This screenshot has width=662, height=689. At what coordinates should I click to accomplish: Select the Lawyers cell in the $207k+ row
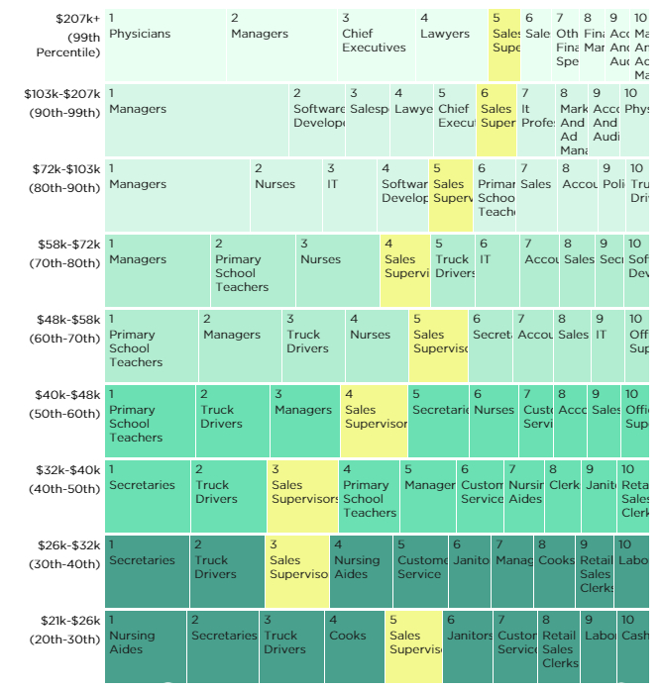[452, 46]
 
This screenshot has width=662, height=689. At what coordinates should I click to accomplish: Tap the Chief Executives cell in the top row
[376, 46]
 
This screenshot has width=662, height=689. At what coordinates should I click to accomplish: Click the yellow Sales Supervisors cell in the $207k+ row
[504, 46]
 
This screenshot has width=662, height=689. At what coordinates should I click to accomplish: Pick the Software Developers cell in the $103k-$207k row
[317, 120]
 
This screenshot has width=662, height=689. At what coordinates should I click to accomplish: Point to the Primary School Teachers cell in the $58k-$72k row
[253, 270]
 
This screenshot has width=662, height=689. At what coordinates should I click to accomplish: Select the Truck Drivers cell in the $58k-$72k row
[453, 270]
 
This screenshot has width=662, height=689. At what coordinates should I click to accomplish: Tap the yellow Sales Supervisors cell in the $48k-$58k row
[438, 345]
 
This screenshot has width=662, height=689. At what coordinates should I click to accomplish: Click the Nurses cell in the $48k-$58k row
[376, 345]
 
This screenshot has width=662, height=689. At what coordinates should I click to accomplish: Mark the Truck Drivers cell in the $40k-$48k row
[233, 421]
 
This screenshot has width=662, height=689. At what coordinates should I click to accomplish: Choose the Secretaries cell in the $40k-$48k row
[438, 421]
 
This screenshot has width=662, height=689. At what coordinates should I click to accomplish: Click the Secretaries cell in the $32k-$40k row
[148, 496]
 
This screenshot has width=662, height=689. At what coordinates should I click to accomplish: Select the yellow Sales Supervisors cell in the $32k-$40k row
[302, 496]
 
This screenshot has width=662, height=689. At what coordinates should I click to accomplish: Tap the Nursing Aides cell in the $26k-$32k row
[361, 571]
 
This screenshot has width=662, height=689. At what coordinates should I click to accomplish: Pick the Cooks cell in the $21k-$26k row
[354, 646]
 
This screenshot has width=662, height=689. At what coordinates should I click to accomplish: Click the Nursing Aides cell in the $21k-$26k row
[146, 646]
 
